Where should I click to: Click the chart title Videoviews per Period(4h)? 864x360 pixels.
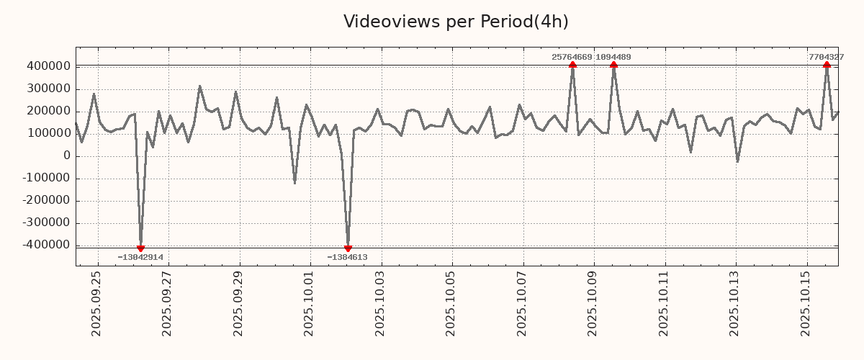coord(456,22)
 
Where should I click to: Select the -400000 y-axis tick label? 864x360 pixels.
coord(45,246)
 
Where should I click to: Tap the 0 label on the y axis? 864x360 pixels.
coord(66,156)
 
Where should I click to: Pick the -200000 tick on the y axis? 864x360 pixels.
coord(45,201)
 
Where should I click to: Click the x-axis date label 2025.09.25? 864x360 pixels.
coord(96,303)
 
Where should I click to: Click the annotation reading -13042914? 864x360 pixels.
coord(140,257)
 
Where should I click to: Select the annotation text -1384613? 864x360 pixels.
coord(347,257)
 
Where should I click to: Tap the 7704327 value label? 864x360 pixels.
coord(826,57)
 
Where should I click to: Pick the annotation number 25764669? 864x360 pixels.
coord(572,57)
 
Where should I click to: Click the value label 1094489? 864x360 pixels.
coord(614,57)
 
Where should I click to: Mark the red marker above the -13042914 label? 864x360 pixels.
coord(140,248)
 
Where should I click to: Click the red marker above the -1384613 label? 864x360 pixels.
coord(348,248)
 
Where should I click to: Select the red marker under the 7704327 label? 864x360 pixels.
coord(827,65)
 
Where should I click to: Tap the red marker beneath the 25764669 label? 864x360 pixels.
coord(572,65)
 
